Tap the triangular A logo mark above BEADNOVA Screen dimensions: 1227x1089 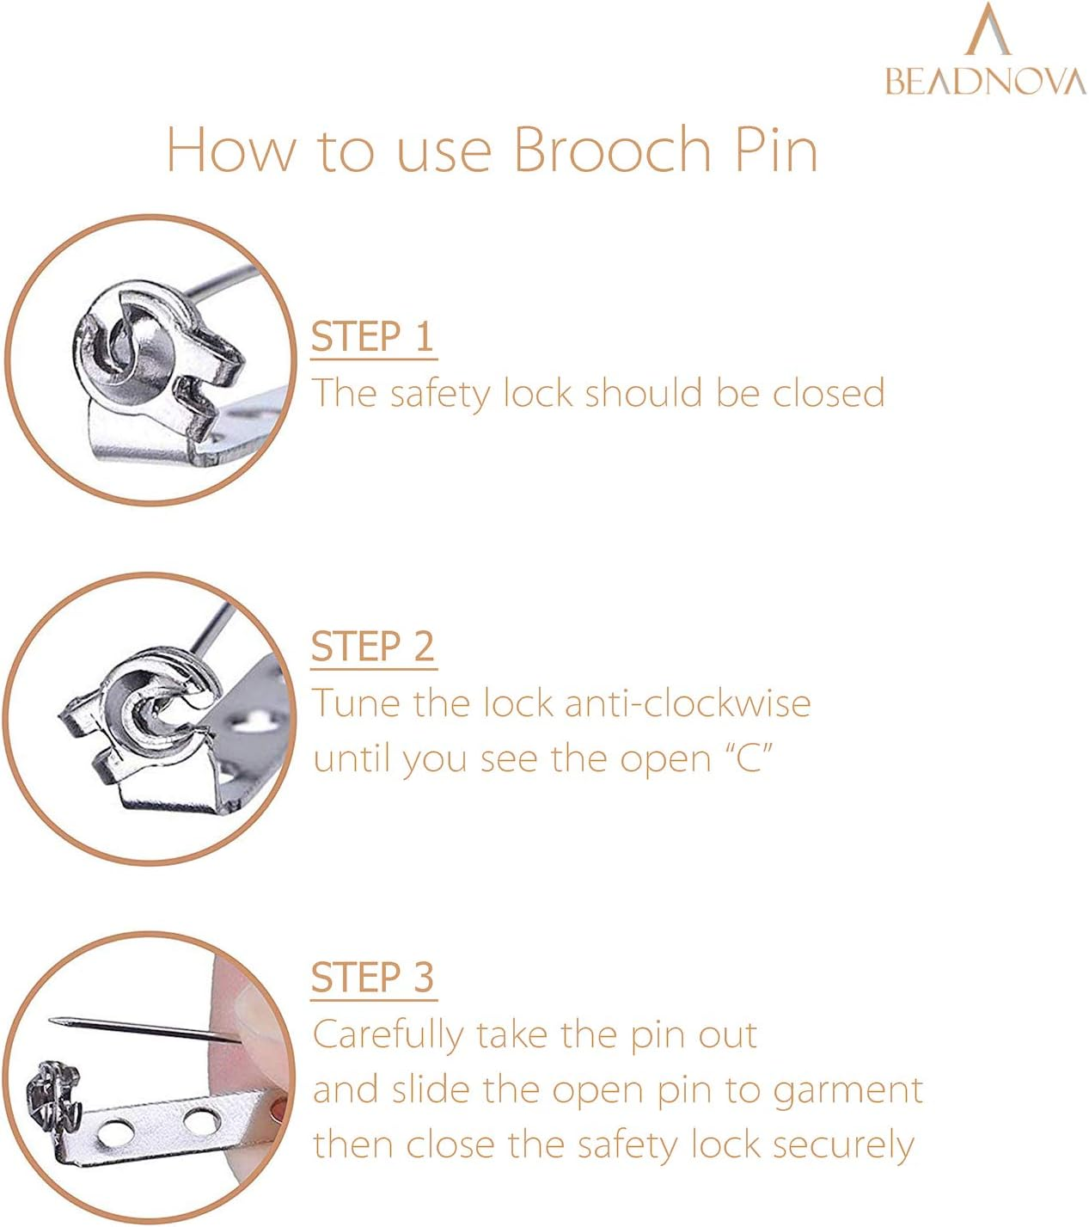point(988,30)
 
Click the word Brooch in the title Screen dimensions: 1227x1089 point(612,150)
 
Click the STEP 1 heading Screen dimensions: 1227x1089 point(373,336)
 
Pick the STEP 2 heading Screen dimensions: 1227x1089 point(373,647)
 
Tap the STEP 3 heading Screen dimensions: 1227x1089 point(373,978)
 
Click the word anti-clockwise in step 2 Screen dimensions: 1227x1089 point(688,703)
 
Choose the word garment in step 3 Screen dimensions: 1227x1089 point(847,1090)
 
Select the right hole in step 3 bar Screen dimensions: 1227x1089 point(199,1120)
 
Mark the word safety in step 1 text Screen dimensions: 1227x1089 point(438,394)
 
